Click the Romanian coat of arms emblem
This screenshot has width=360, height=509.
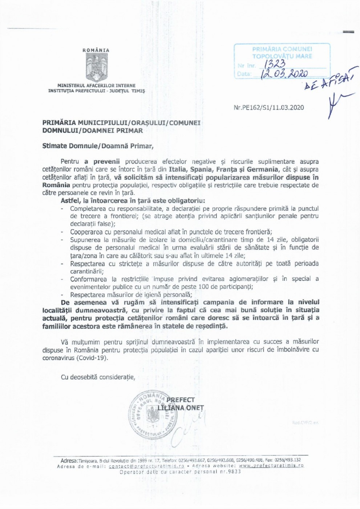[x=96, y=68]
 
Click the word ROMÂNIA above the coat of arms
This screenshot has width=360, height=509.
[x=96, y=51]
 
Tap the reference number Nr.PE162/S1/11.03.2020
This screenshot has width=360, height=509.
[x=269, y=108]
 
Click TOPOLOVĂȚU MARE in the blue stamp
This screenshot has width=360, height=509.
[x=282, y=56]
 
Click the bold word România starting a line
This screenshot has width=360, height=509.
[x=54, y=185]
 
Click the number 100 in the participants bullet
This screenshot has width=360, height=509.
[x=203, y=287]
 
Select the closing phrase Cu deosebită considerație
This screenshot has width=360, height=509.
[x=98, y=377]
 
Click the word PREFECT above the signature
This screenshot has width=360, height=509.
[x=181, y=400]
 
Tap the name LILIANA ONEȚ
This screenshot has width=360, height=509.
[x=181, y=408]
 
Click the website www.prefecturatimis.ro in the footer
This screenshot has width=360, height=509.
[x=271, y=466]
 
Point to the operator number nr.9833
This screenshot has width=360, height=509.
[x=229, y=472]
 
